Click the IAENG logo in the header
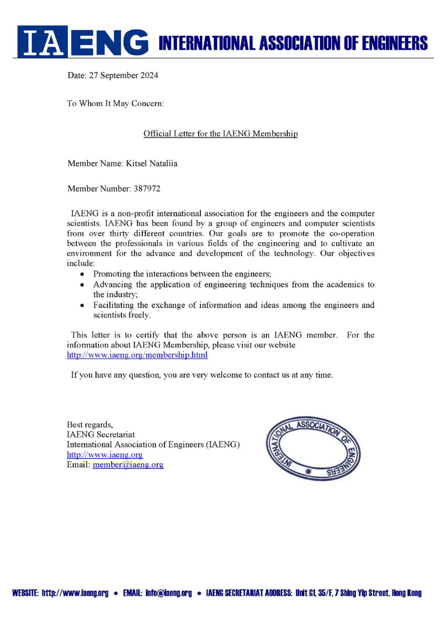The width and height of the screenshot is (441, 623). [83, 41]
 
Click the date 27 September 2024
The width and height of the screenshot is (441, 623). [123, 76]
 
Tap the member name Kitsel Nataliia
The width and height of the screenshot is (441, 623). [151, 163]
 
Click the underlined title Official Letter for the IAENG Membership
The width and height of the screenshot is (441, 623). [220, 134]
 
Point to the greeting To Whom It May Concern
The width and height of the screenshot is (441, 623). [115, 104]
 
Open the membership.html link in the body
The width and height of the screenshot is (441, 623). [137, 355]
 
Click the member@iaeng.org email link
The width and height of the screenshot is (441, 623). [128, 465]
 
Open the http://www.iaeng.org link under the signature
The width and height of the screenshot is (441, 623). [104, 454]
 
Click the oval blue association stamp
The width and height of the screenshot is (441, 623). [313, 449]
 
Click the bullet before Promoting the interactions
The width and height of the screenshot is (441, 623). [82, 274]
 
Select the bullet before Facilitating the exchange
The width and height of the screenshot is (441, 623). [82, 305]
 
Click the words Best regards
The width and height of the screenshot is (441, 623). [90, 425]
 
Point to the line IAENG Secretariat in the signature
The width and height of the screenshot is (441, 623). [101, 435]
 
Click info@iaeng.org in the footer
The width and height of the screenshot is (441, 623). [169, 593]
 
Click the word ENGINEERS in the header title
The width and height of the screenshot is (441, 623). [395, 43]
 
